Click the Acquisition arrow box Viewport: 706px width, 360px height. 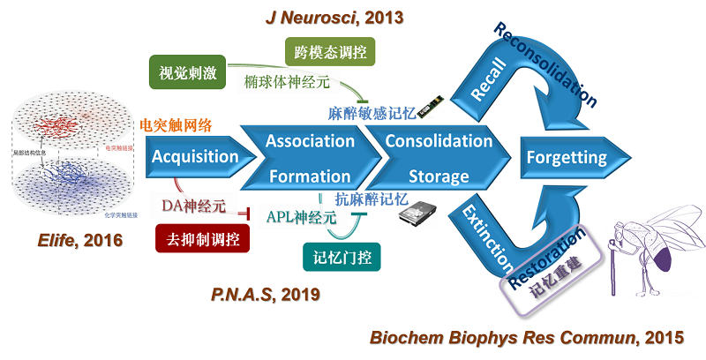pyautogui.click(x=195, y=157)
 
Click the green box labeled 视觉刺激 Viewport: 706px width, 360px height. pyautogui.click(x=186, y=71)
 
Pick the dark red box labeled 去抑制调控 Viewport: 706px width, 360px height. pyautogui.click(x=202, y=238)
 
